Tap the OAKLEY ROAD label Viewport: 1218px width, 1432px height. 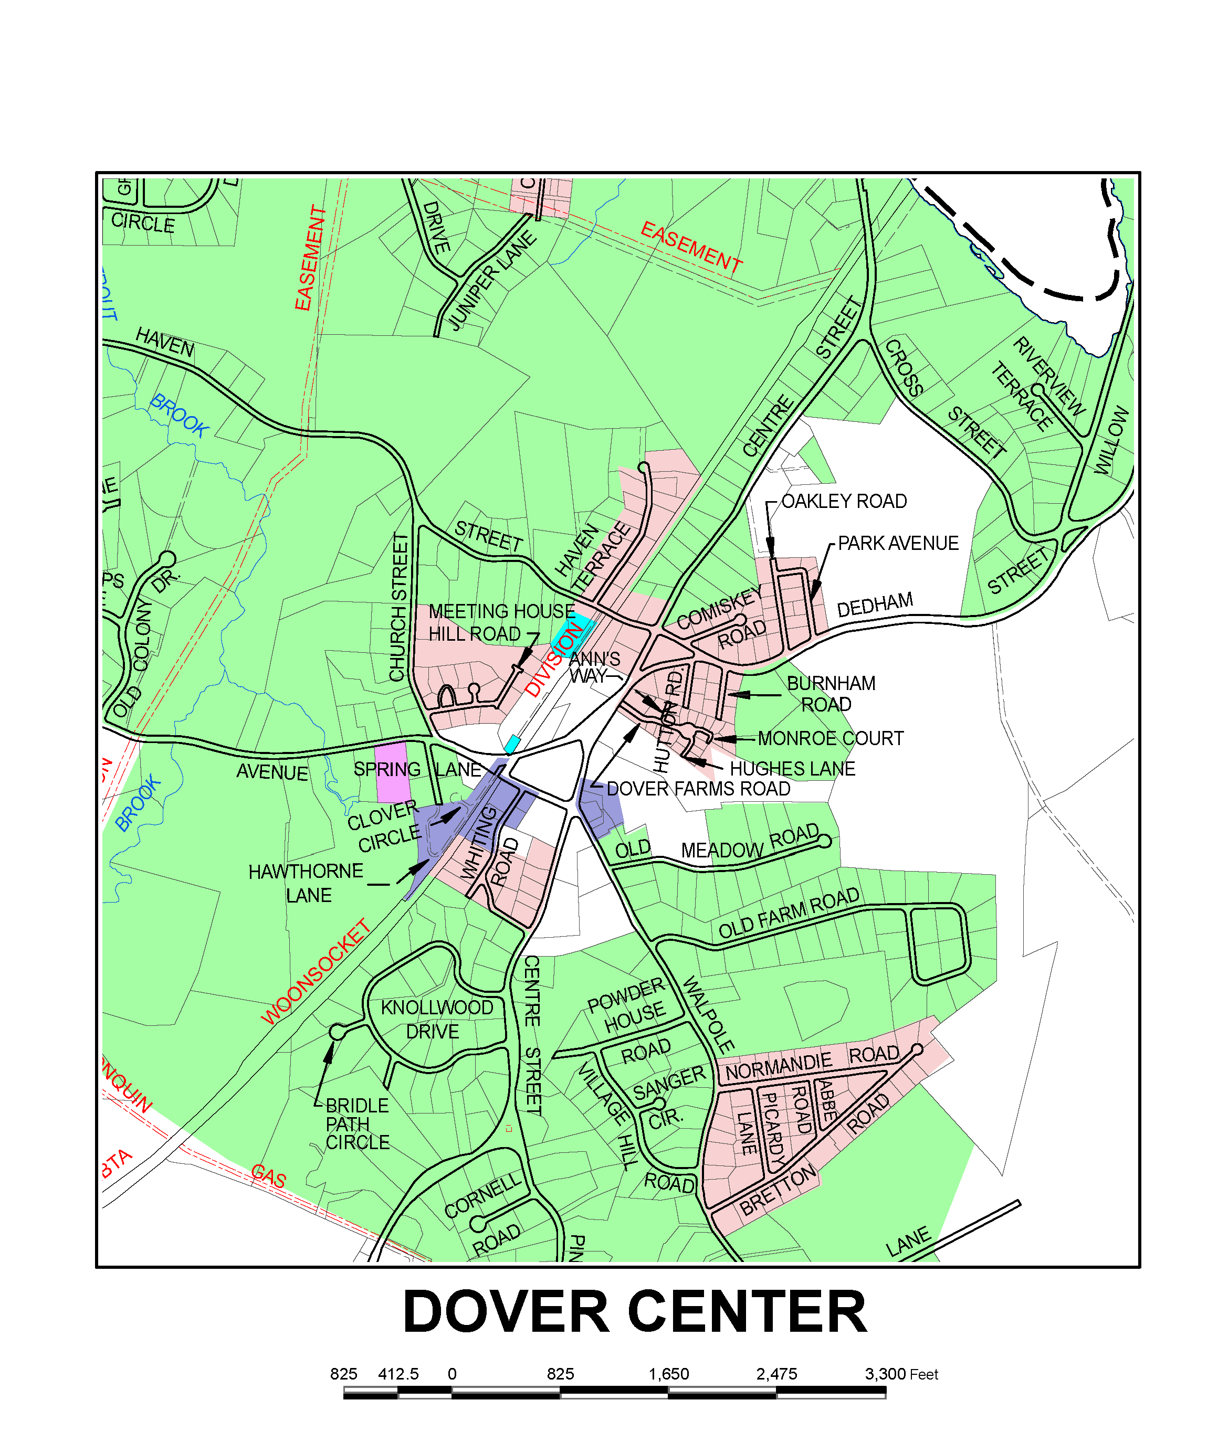click(x=844, y=501)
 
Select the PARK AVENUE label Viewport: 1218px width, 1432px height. click(x=898, y=543)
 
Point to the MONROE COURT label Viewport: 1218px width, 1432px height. click(x=830, y=738)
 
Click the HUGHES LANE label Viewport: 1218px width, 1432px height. click(x=792, y=768)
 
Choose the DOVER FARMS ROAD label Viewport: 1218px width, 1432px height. click(x=698, y=788)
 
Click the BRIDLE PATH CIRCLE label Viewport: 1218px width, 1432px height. click(x=357, y=1123)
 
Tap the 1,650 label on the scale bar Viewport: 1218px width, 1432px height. click(x=668, y=1373)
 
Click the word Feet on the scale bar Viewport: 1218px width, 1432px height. click(x=923, y=1374)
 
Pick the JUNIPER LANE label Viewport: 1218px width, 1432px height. click(x=491, y=281)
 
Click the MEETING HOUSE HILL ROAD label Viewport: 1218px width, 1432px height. click(x=501, y=622)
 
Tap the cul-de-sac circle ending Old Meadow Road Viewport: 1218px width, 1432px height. click(x=824, y=841)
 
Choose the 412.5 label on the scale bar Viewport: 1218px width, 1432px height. click(x=398, y=1373)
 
